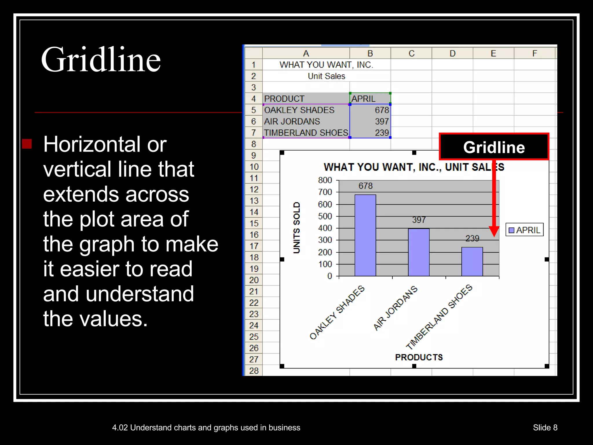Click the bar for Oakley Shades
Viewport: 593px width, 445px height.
(365, 235)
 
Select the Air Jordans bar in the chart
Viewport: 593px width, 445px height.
(419, 252)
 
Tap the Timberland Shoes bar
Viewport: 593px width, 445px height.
(472, 261)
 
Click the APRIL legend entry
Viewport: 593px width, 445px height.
(525, 230)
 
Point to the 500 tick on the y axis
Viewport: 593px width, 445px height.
(325, 216)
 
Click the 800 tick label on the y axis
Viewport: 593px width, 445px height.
(325, 180)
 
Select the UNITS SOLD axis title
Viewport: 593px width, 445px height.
(296, 228)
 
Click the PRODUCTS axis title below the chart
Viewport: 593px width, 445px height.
(419, 357)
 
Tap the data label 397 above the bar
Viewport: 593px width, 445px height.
(419, 220)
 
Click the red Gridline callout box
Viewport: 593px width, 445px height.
(494, 147)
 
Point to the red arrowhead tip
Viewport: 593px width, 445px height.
(494, 236)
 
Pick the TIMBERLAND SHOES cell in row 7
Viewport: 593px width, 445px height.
(306, 133)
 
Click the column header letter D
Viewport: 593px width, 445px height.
(452, 53)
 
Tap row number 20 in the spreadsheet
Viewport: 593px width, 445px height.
(254, 280)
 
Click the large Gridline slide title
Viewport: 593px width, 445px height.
(101, 60)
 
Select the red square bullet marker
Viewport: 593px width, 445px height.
(27, 144)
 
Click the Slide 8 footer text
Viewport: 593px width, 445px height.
(545, 428)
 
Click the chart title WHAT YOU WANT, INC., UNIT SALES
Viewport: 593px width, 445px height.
(414, 167)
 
